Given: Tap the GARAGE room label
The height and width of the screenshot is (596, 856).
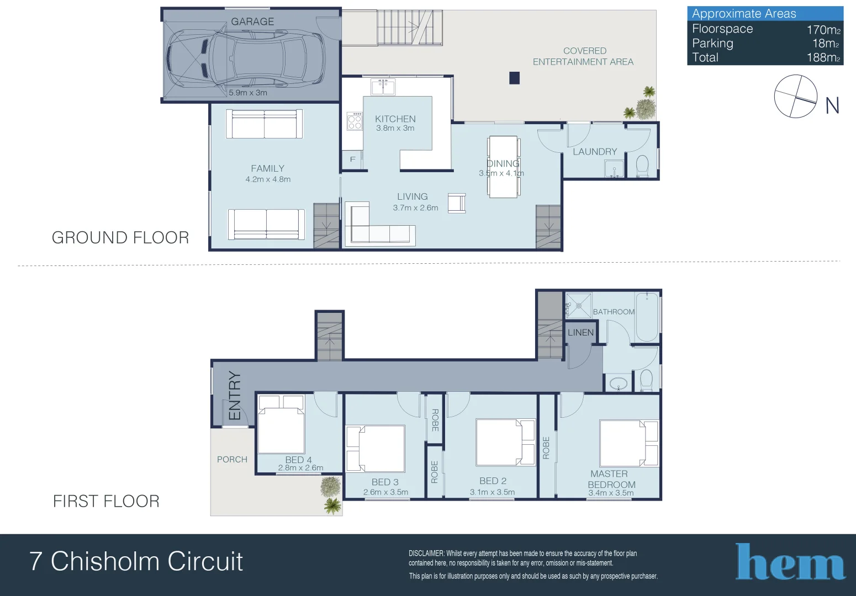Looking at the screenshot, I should (x=252, y=22).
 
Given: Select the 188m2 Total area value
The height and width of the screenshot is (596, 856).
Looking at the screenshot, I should (x=823, y=57).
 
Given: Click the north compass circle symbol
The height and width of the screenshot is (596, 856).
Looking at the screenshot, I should (x=795, y=96).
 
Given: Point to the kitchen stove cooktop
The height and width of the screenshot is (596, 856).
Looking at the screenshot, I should (x=355, y=121).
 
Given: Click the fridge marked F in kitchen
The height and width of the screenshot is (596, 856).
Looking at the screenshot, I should (x=352, y=159).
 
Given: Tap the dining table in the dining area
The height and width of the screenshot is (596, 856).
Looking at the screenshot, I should (x=503, y=166).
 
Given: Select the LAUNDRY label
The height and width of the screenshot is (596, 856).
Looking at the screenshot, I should (x=595, y=151).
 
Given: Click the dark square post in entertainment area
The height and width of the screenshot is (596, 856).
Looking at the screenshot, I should (x=514, y=78).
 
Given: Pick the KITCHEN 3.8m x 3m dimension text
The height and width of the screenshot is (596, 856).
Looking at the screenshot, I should (x=395, y=128).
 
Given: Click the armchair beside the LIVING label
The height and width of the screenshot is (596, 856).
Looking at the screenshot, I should (x=457, y=203).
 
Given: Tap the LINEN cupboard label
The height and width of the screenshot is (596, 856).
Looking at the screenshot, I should (x=580, y=332).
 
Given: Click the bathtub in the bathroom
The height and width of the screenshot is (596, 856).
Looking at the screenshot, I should (x=647, y=317).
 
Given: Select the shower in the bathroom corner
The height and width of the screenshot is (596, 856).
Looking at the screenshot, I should (x=578, y=306).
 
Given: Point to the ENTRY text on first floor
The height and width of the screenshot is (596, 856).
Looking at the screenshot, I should (x=235, y=396).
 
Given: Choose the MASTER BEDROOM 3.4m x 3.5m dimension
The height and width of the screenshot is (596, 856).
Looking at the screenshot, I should (x=611, y=493).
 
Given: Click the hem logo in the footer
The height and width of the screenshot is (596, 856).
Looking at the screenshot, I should (x=790, y=562).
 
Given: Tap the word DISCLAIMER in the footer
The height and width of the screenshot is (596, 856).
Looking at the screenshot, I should (x=426, y=553).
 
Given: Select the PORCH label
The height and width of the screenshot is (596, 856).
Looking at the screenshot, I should (x=232, y=459).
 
